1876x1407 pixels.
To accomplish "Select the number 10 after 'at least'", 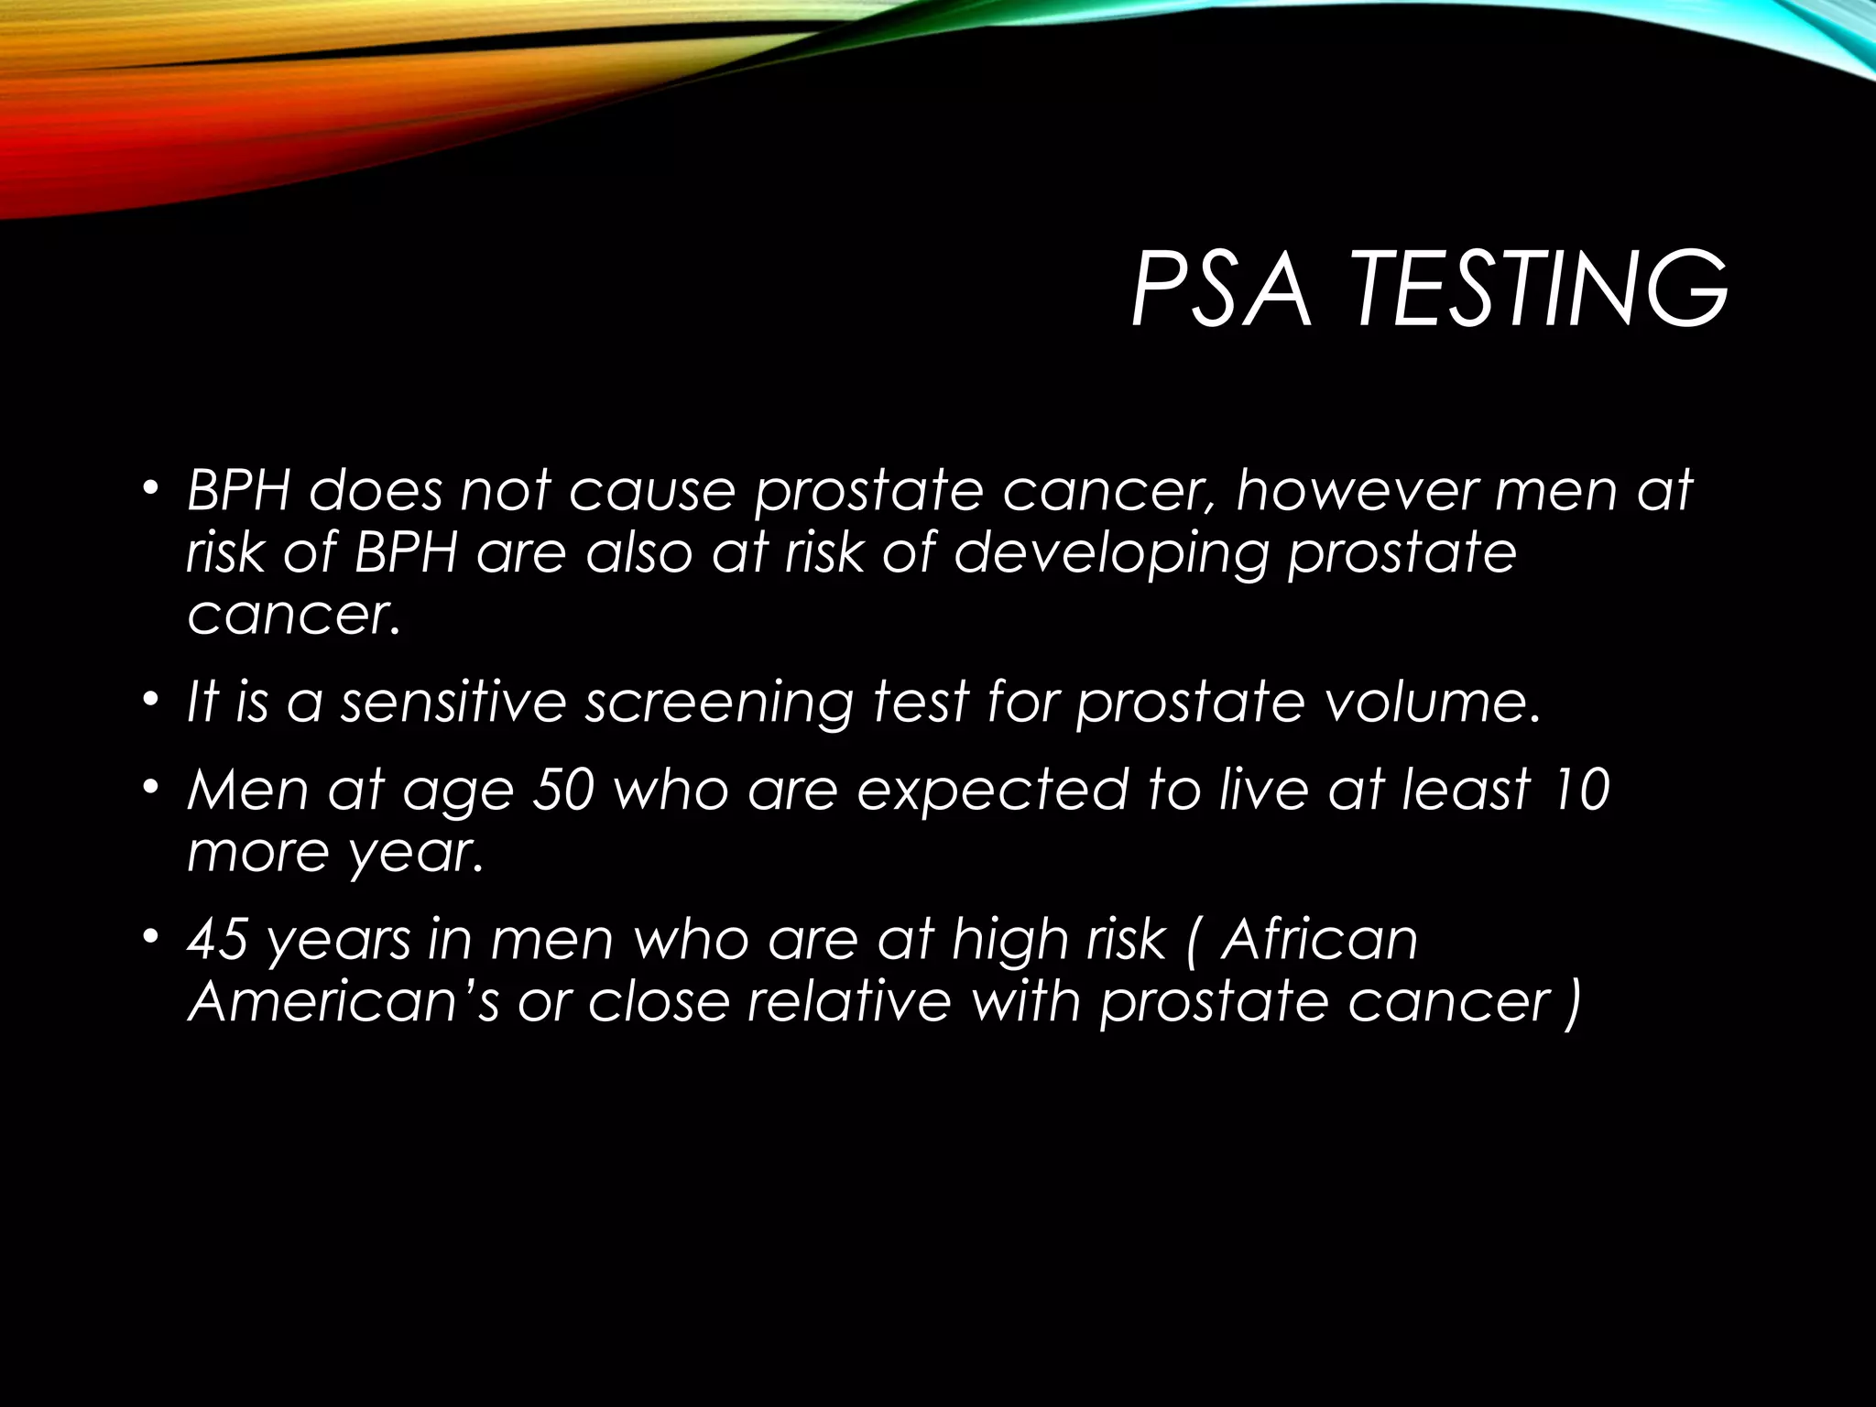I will point(1579,789).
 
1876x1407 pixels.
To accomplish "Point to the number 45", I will point(217,940).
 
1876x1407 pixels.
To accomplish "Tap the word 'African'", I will point(1320,940).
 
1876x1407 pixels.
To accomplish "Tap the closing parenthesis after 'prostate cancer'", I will point(1573,1002).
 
